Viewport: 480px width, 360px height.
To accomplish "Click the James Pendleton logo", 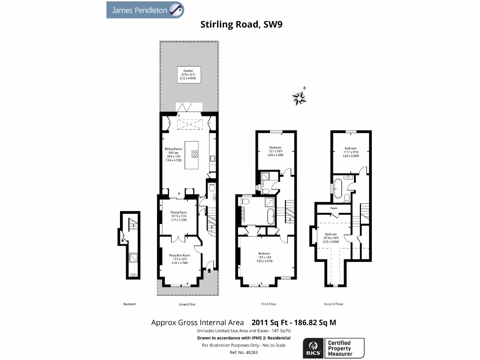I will pyautogui.click(x=145, y=10).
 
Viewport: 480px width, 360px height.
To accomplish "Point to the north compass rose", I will pyautogui.click(x=299, y=97).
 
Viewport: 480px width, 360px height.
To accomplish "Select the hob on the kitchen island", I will pyautogui.click(x=195, y=154).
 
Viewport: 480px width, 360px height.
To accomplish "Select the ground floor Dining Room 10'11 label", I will pyautogui.click(x=179, y=216).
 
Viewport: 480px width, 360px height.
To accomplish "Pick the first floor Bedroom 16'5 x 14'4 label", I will pyautogui.click(x=265, y=257).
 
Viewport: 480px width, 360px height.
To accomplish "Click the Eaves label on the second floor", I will pyautogui.click(x=334, y=208).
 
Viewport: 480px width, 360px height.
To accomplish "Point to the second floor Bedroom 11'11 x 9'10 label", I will pyautogui.click(x=351, y=152).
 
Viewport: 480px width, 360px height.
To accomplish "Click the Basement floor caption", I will pyautogui.click(x=129, y=304).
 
